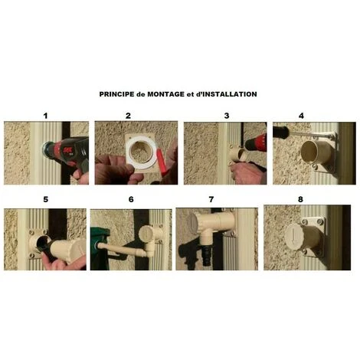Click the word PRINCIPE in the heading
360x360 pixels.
(x=116, y=94)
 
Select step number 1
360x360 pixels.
(x=45, y=116)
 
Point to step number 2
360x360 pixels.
(x=128, y=116)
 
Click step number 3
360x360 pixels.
(x=227, y=116)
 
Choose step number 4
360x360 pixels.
(x=301, y=116)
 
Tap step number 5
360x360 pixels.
(x=46, y=199)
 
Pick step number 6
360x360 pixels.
(x=131, y=199)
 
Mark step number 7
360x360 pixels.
(x=211, y=199)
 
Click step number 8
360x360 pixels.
(x=300, y=199)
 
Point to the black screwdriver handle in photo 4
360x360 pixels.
(x=281, y=133)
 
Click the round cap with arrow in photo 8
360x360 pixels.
(x=294, y=237)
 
